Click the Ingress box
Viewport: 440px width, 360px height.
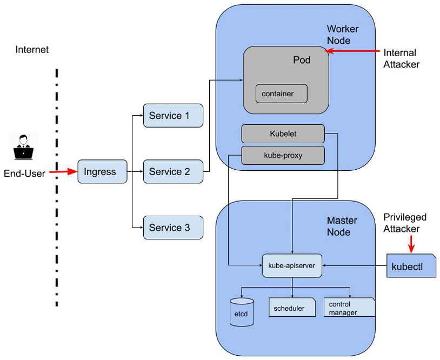pyautogui.click(x=102, y=172)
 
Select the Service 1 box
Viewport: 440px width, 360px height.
pyautogui.click(x=173, y=116)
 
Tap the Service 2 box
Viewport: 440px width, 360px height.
pyautogui.click(x=173, y=172)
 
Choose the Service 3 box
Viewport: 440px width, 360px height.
pyautogui.click(x=173, y=228)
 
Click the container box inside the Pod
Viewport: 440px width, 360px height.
pyautogui.click(x=281, y=94)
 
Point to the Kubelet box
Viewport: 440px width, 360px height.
pyautogui.click(x=283, y=134)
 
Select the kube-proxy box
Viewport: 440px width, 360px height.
pyautogui.click(x=283, y=155)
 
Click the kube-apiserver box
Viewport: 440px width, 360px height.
pyautogui.click(x=292, y=265)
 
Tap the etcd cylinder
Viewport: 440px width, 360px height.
pyautogui.click(x=241, y=312)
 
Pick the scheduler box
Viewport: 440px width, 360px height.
pyautogui.click(x=292, y=308)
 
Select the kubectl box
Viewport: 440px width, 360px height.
pyautogui.click(x=411, y=266)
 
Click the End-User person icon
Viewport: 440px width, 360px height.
pyautogui.click(x=23, y=147)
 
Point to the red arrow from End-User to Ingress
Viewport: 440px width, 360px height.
pyautogui.click(x=63, y=172)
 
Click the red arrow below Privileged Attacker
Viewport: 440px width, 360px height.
pyautogui.click(x=411, y=244)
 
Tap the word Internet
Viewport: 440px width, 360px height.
pyautogui.click(x=32, y=50)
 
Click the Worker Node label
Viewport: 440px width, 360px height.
pyautogui.click(x=342, y=35)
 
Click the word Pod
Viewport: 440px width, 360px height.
pyautogui.click(x=302, y=60)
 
